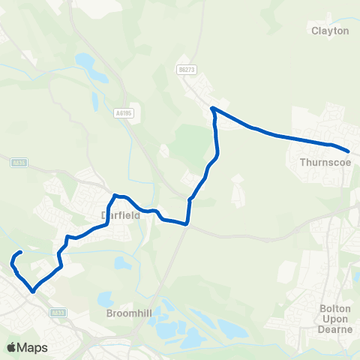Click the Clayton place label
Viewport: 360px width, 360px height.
(x=330, y=31)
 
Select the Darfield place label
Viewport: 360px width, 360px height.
(x=116, y=214)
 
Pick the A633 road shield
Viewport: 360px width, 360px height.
(x=57, y=312)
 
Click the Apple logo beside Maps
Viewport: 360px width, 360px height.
(x=11, y=347)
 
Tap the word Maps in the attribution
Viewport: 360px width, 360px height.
(x=33, y=347)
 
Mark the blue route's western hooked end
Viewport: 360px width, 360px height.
(x=19, y=252)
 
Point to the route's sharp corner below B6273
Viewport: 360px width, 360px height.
(x=213, y=109)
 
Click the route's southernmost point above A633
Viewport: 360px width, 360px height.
(x=32, y=291)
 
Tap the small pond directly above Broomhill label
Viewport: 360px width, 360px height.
(x=121, y=263)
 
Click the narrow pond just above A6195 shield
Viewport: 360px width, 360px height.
(x=94, y=100)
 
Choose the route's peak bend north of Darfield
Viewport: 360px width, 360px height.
(x=115, y=196)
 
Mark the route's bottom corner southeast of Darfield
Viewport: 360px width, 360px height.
(x=186, y=223)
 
